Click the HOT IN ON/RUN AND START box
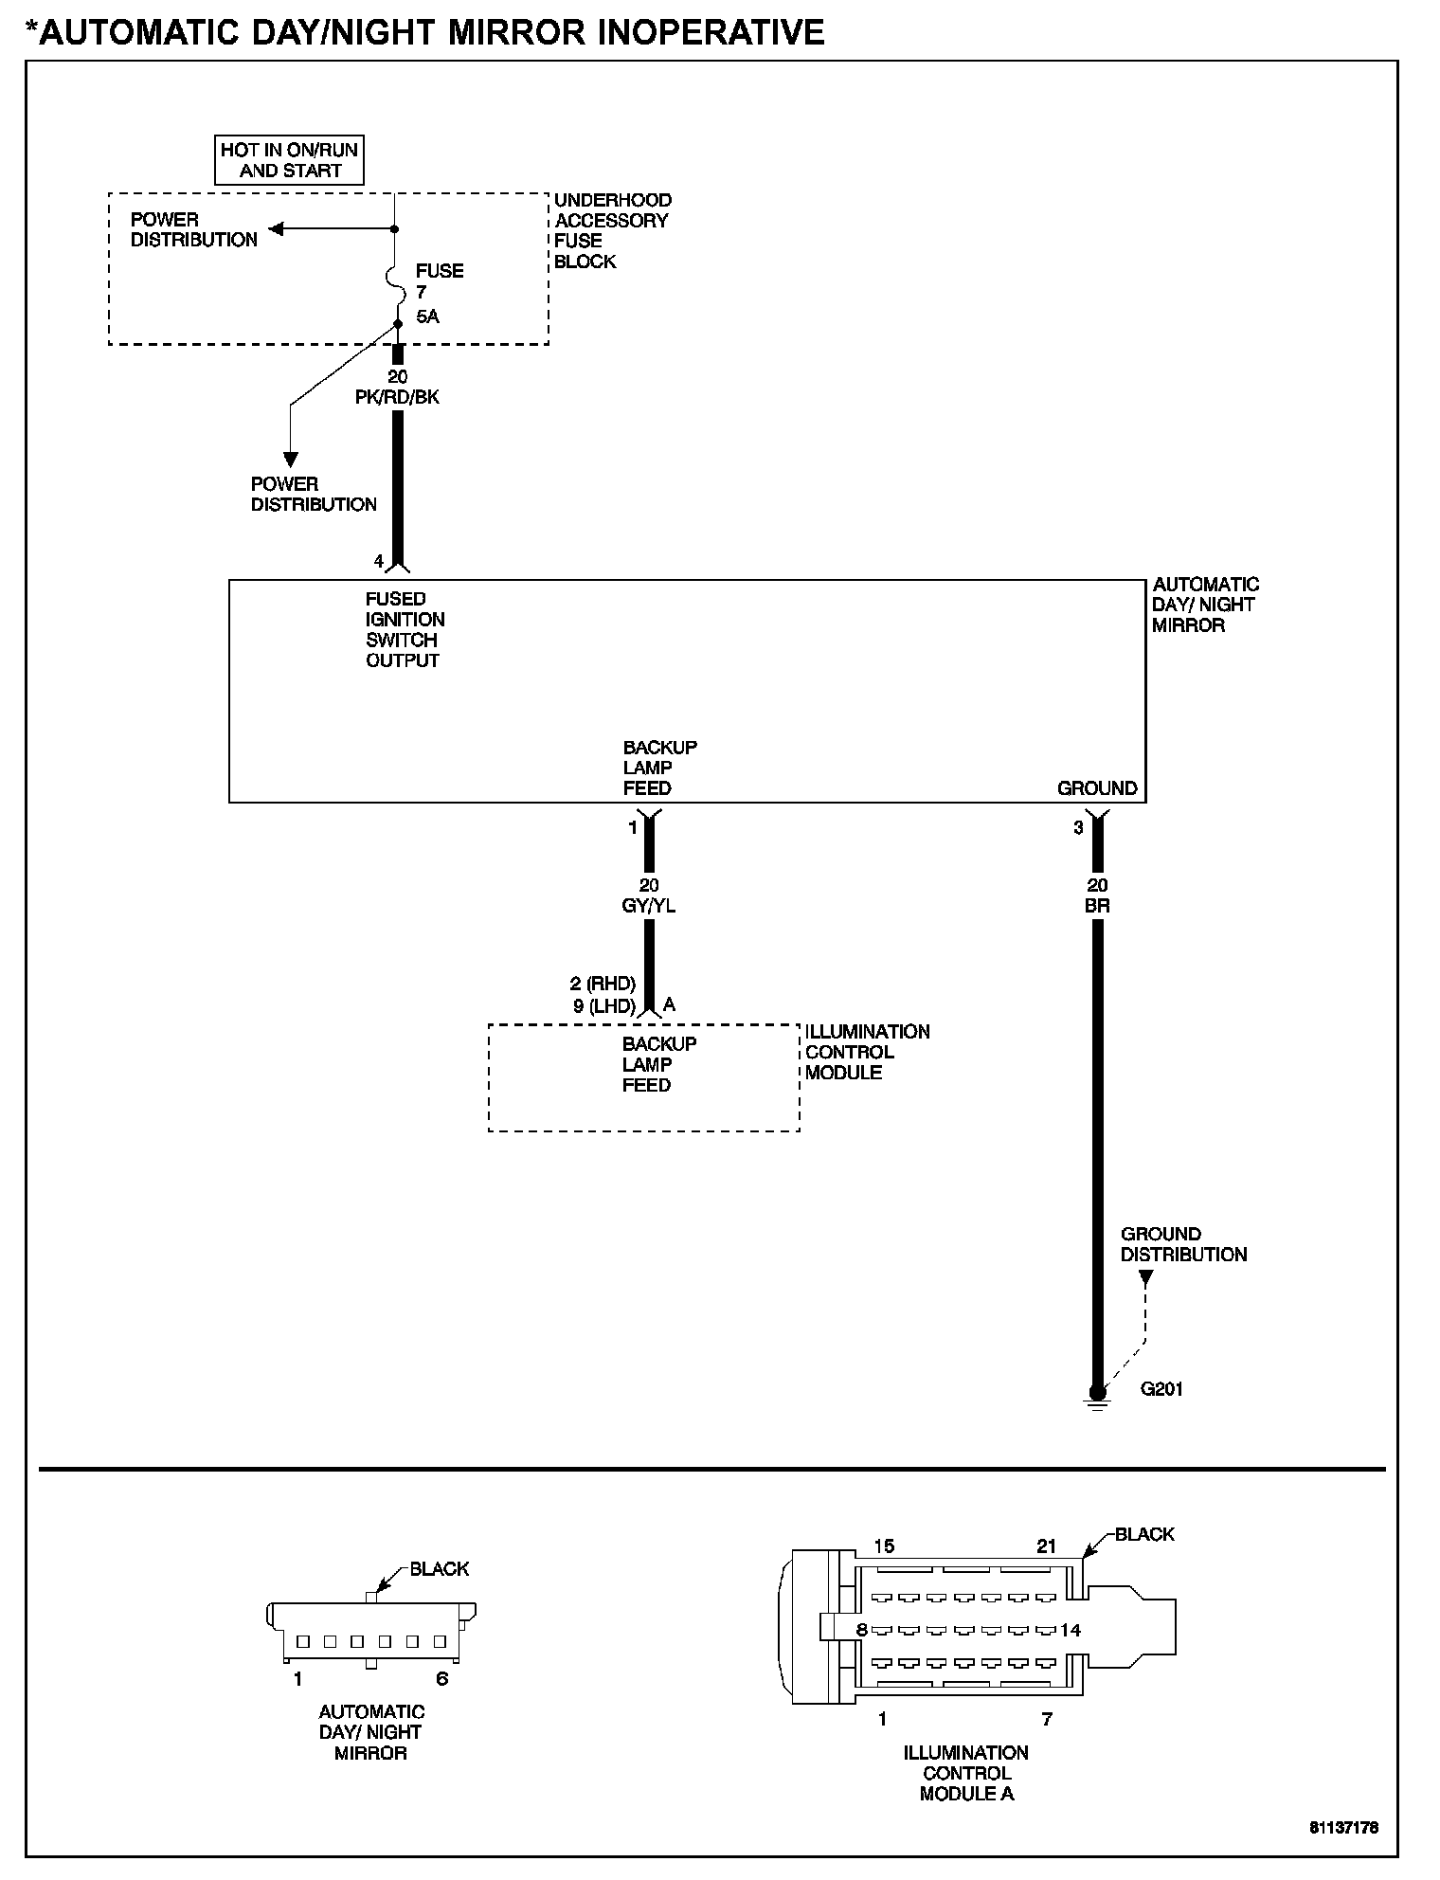pyautogui.click(x=289, y=160)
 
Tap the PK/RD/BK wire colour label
pyautogui.click(x=397, y=397)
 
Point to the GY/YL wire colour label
pyautogui.click(x=648, y=906)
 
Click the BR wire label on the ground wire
pyautogui.click(x=1097, y=906)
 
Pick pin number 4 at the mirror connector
pyautogui.click(x=379, y=562)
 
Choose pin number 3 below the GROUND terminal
pyautogui.click(x=1078, y=828)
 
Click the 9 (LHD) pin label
pyautogui.click(x=604, y=1006)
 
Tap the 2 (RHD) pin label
pyautogui.click(x=603, y=984)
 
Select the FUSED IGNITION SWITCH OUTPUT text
pyautogui.click(x=404, y=629)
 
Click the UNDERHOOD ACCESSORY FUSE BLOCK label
pyautogui.click(x=612, y=230)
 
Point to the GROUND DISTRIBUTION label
pyautogui.click(x=1183, y=1244)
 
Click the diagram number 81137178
pyautogui.click(x=1343, y=1828)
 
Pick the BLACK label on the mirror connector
pyautogui.click(x=440, y=1569)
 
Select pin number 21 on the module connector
pyautogui.click(x=1046, y=1546)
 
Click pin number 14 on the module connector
pyautogui.click(x=1071, y=1631)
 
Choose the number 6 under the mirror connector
pyautogui.click(x=441, y=1679)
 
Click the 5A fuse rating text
pyautogui.click(x=427, y=316)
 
